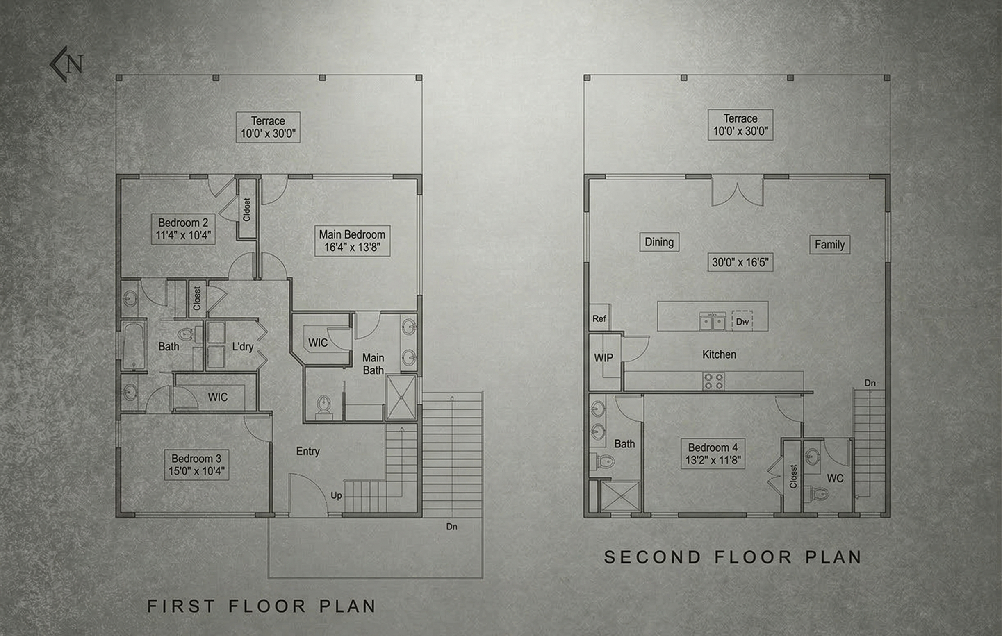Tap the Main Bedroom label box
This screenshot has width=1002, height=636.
(352, 241)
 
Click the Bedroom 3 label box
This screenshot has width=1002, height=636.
(196, 465)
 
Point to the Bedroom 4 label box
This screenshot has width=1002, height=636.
(713, 454)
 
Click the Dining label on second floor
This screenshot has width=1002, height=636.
(659, 242)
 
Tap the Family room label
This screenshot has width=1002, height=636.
(829, 245)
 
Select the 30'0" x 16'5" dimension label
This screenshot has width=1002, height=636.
(740, 262)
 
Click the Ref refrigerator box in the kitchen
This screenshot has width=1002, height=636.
(599, 318)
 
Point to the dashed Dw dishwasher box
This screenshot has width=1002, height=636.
(742, 321)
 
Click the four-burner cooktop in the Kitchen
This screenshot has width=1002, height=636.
(713, 382)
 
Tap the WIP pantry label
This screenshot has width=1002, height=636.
(603, 358)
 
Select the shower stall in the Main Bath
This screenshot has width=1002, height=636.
(401, 397)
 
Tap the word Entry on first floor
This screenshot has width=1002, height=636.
(308, 451)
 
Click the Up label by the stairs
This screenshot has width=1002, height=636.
(336, 495)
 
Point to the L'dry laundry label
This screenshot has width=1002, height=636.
(243, 347)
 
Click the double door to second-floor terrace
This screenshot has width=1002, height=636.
(737, 192)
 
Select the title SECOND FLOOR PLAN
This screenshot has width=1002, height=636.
(732, 557)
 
